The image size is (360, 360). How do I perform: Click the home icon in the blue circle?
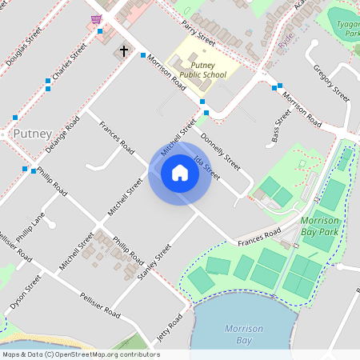click(180, 173)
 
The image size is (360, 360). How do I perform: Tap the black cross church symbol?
click(124, 51)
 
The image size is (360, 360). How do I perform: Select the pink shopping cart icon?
click(96, 19)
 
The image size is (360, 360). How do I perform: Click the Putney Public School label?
click(203, 70)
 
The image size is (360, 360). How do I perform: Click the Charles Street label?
click(69, 62)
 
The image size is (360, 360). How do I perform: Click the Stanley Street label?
click(154, 262)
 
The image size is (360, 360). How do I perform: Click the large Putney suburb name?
click(32, 134)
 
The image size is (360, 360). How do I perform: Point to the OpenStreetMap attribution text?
click(80, 354)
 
